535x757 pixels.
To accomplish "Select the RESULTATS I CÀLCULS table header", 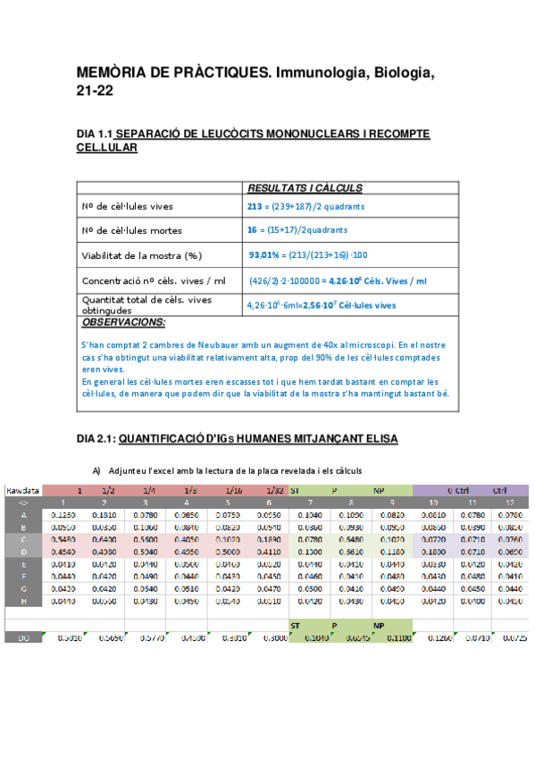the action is [304, 188].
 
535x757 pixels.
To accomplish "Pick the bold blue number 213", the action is [255, 206].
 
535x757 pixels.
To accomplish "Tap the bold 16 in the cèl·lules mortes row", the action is [252, 230].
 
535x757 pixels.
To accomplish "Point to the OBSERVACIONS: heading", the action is [123, 322].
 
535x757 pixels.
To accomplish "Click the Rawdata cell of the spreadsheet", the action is [22, 490].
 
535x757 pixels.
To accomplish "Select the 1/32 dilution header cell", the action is [277, 490].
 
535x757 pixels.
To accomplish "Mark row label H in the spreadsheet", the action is [23, 602].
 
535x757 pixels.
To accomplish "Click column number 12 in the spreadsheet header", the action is [510, 503].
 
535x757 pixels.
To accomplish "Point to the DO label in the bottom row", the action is [23, 638].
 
